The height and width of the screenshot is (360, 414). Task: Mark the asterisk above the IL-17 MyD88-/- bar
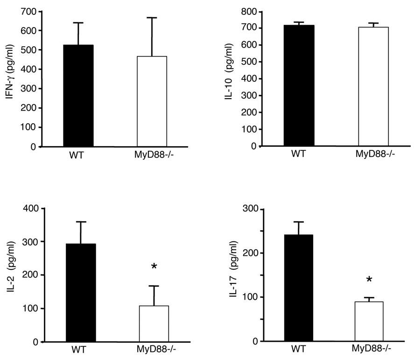(369, 280)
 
